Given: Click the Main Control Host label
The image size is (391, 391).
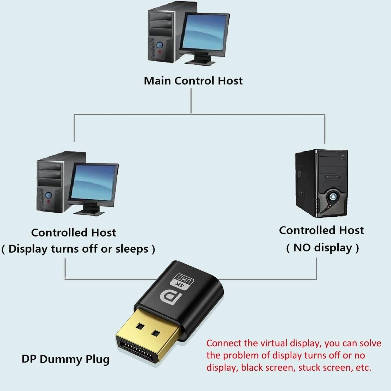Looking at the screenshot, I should click(193, 81).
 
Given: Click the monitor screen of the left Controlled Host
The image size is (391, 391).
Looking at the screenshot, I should click(93, 182).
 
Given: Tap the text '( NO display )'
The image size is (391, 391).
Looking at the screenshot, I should click(322, 248).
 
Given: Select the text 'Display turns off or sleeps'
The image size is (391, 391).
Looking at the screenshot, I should click(78, 249).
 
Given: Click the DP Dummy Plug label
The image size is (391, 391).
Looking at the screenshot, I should click(65, 359).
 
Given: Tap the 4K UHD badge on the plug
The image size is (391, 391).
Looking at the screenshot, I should click(182, 281).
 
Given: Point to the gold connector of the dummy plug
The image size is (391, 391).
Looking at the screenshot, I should click(147, 336).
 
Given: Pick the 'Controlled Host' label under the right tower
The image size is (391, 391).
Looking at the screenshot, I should click(321, 230).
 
